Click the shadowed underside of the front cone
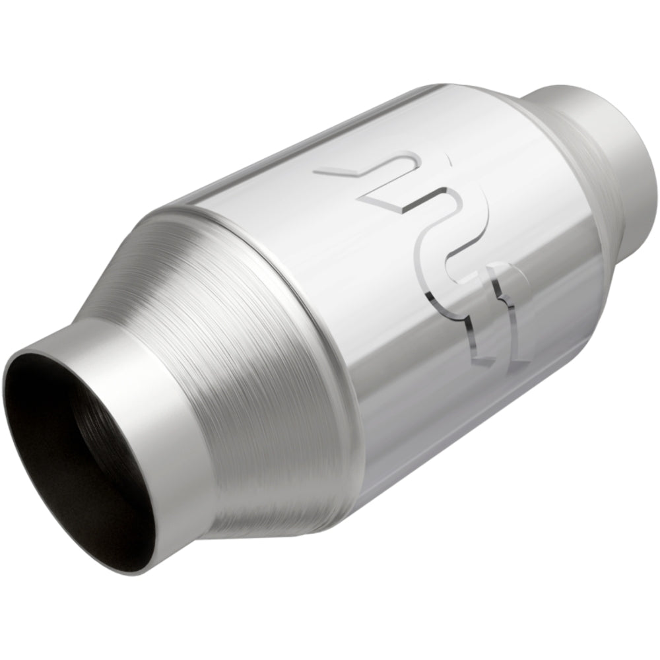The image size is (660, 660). [277, 502]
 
